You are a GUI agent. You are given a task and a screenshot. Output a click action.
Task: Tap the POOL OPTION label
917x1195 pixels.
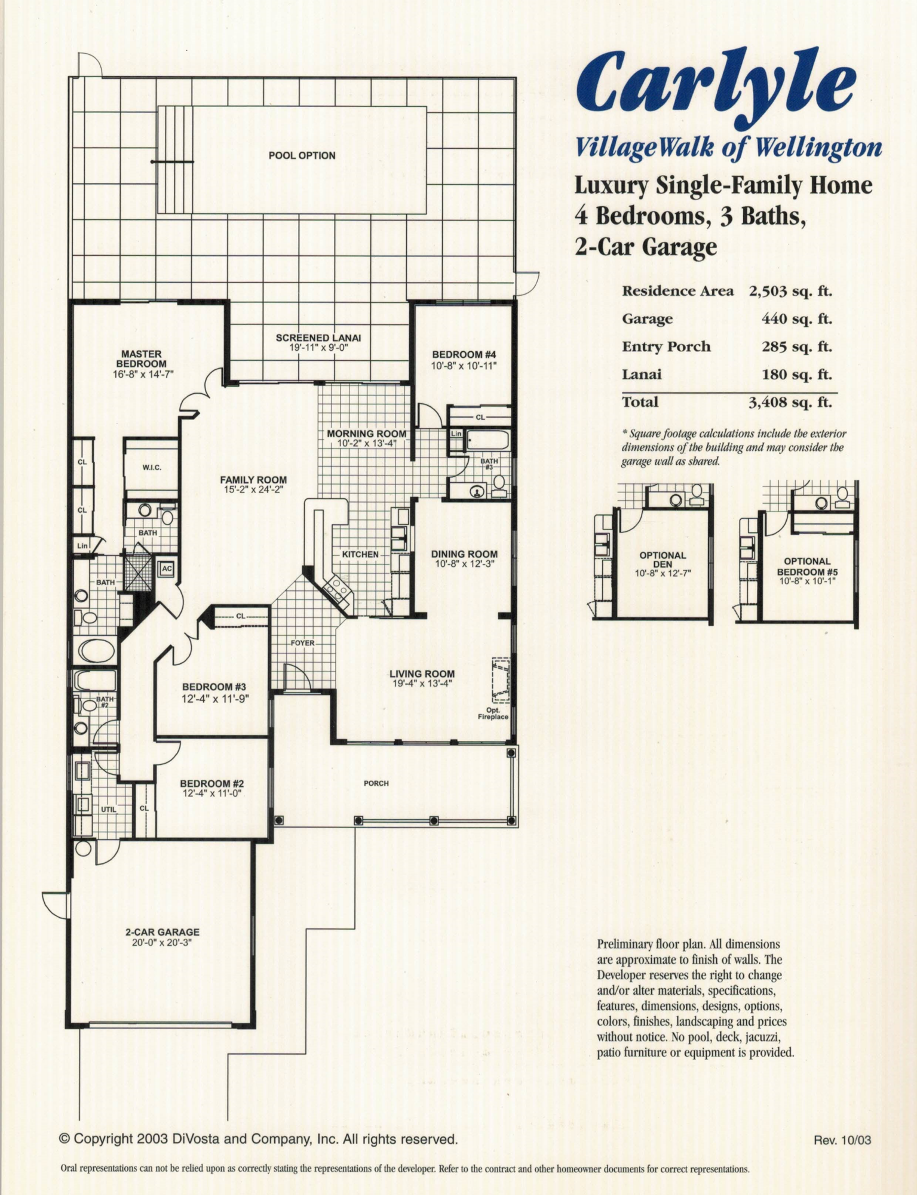point(302,155)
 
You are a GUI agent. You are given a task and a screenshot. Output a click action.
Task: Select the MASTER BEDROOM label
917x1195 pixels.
point(142,359)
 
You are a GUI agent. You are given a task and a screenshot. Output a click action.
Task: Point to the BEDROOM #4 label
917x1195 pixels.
point(464,354)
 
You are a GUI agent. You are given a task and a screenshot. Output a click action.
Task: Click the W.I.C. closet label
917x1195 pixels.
point(152,467)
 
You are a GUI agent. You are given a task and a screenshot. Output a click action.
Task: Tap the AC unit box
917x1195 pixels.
point(166,569)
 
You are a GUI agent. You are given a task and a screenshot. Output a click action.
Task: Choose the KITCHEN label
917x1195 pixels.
point(360,554)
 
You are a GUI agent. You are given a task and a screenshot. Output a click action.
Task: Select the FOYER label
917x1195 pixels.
point(302,643)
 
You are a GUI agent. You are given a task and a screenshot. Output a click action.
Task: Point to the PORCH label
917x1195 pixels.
point(376,783)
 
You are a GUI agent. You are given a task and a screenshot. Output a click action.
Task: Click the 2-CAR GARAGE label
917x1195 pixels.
point(162,932)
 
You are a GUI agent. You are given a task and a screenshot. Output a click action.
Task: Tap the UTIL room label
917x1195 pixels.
point(108,809)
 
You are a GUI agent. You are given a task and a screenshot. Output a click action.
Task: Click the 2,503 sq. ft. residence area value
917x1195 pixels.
point(790,291)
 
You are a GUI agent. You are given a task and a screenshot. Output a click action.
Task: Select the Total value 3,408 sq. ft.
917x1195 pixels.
point(790,402)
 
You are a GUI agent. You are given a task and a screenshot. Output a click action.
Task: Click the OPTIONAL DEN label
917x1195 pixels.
point(663,559)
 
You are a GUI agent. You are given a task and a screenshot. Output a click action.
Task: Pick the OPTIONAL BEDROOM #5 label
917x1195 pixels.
point(807,566)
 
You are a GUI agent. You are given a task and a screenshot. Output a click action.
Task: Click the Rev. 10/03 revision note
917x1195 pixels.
point(842,1141)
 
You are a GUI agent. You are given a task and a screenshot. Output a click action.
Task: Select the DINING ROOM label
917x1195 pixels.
point(464,554)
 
